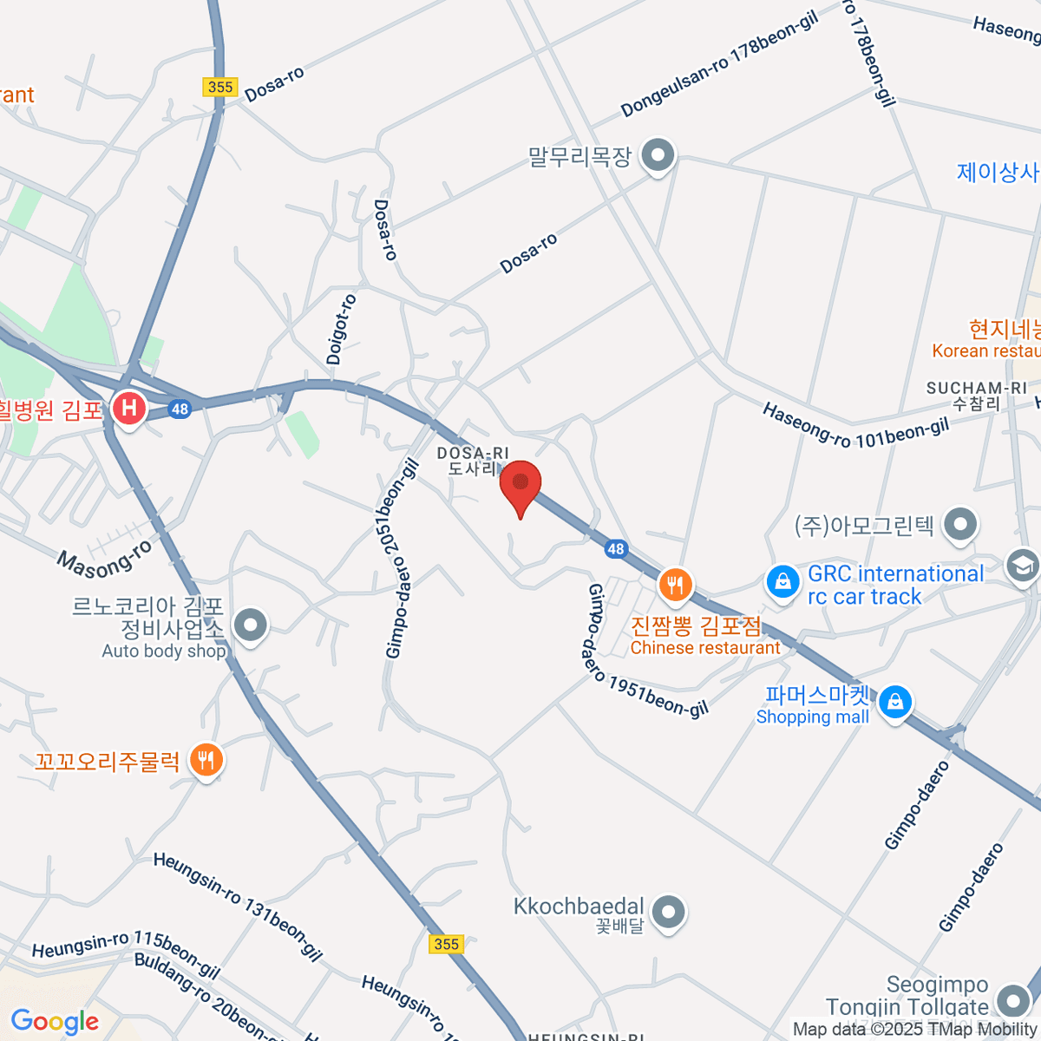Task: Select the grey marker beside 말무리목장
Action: (658, 157)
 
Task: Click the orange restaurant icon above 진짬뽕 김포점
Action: (674, 585)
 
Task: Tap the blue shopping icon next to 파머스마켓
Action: (894, 701)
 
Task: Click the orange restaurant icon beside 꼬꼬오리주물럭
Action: (206, 761)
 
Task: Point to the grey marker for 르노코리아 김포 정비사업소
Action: (252, 624)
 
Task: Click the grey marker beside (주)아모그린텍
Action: (959, 524)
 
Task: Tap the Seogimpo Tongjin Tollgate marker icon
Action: (1012, 1001)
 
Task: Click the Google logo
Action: (55, 1021)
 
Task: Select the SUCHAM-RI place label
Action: (976, 389)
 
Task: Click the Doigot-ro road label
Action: (341, 330)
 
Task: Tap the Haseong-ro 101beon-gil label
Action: (855, 425)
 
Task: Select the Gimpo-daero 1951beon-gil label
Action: (646, 651)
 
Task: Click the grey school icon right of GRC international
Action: (1022, 566)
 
